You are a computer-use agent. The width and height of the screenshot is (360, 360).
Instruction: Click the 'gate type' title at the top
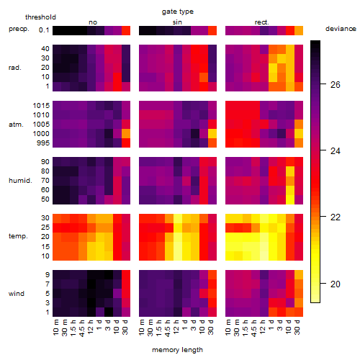tap(178, 12)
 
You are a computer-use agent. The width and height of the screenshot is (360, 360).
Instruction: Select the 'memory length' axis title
tap(177, 350)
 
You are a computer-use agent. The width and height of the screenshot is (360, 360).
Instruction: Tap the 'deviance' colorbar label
tap(341, 29)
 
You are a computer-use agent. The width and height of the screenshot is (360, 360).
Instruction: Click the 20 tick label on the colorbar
tap(336, 284)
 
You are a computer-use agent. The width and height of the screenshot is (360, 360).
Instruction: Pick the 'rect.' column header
tap(262, 22)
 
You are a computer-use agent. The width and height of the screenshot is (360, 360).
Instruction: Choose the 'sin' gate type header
tap(177, 22)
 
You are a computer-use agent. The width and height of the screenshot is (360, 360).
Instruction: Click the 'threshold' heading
tap(40, 17)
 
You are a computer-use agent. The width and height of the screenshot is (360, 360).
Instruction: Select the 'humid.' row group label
tap(20, 181)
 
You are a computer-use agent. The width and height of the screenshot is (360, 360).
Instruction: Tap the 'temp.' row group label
tap(18, 236)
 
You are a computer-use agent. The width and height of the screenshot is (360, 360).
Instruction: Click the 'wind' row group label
tap(17, 294)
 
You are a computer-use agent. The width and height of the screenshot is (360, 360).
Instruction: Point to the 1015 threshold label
tap(41, 106)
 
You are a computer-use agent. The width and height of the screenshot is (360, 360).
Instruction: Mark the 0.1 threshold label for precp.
tap(44, 30)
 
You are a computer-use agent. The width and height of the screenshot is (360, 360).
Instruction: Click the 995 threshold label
tap(43, 143)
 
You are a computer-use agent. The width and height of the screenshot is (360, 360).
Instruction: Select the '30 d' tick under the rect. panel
tap(297, 327)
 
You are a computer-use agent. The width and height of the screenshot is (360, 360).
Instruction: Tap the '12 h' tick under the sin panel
tap(176, 327)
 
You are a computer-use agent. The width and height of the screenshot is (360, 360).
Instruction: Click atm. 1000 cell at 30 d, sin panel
tap(212, 134)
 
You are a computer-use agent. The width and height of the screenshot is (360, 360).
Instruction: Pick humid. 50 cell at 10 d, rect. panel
tap(290, 199)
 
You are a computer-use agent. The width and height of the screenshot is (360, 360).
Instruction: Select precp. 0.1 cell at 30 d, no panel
tap(126, 30)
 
